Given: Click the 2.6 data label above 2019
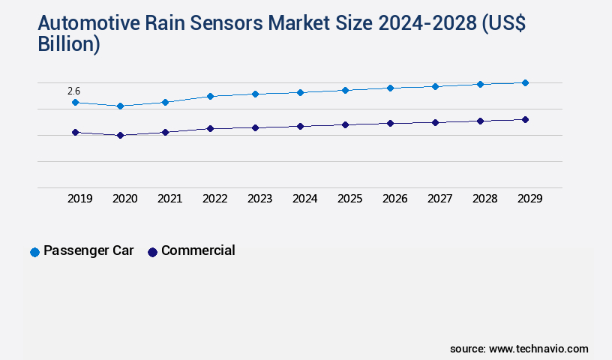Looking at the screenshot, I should pyautogui.click(x=73, y=91).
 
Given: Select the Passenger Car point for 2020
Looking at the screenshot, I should pyautogui.click(x=120, y=106).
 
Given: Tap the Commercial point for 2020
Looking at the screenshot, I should pyautogui.click(x=120, y=135).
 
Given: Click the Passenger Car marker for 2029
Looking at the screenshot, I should pyautogui.click(x=525, y=82).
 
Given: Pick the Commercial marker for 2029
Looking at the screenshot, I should pyautogui.click(x=525, y=119).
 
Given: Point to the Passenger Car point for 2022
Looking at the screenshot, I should pyautogui.click(x=210, y=96).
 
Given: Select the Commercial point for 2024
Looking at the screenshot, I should pyautogui.click(x=300, y=126).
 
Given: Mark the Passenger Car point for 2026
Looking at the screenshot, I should pyautogui.click(x=390, y=88).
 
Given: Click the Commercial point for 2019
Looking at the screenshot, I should pyautogui.click(x=75, y=132).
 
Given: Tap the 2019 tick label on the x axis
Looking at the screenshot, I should pyautogui.click(x=79, y=199).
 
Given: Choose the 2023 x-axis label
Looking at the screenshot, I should pyautogui.click(x=259, y=199).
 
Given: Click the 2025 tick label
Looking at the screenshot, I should pyautogui.click(x=349, y=199).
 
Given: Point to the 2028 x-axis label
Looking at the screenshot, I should pyautogui.click(x=484, y=199).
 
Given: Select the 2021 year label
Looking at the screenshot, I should pyautogui.click(x=169, y=199).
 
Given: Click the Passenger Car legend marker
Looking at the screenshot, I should pyautogui.click(x=34, y=252).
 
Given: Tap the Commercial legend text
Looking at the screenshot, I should pyautogui.click(x=198, y=250).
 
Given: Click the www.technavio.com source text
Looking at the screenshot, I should pyautogui.click(x=538, y=349).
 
